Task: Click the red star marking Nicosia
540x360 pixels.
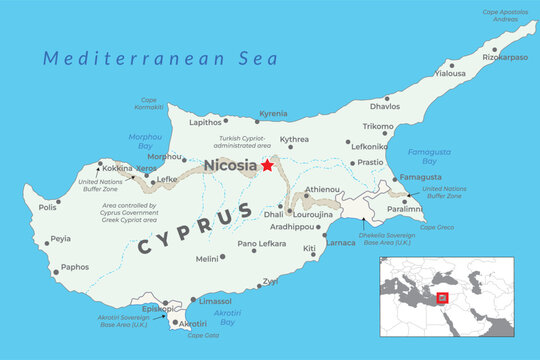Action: pyautogui.click(x=267, y=165)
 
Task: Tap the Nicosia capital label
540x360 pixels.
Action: pyautogui.click(x=230, y=166)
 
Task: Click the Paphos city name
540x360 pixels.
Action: pyautogui.click(x=75, y=268)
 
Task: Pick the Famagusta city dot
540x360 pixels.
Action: pyautogui.click(x=394, y=178)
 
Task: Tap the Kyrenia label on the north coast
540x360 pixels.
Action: pyautogui.click(x=273, y=114)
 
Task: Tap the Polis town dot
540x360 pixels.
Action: pyautogui.click(x=58, y=201)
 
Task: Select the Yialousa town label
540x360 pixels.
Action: pyautogui.click(x=449, y=73)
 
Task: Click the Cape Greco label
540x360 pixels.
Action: pyautogui.click(x=437, y=227)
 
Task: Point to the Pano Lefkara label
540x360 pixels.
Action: pyautogui.click(x=262, y=244)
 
